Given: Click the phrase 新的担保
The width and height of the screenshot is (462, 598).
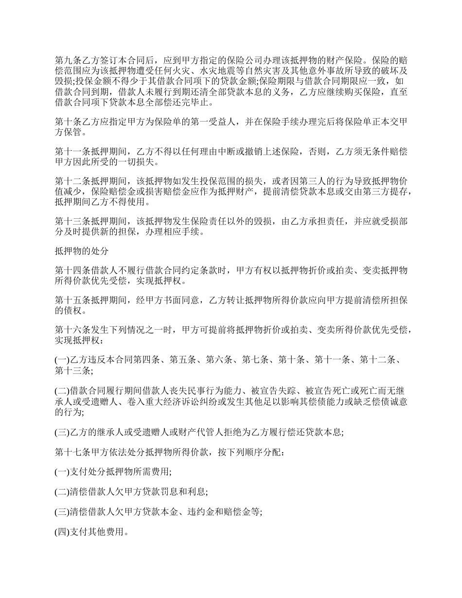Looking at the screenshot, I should click(x=120, y=232).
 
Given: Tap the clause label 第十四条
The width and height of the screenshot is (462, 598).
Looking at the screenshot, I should click(x=70, y=270).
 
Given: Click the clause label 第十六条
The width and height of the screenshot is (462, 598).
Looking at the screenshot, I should click(x=70, y=332).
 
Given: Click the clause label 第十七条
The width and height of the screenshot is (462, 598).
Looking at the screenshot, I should click(x=70, y=453).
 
